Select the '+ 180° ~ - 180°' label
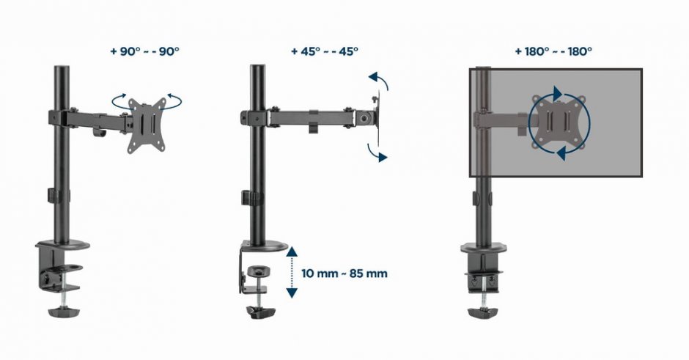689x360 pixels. coord(553,52)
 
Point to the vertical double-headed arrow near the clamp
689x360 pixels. coord(292,272)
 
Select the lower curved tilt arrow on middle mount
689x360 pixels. coord(379,152)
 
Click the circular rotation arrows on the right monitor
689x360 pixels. coord(559,123)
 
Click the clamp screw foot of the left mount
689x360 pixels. coord(59,312)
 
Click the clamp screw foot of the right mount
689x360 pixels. coord(484,312)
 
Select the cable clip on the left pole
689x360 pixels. coord(53,196)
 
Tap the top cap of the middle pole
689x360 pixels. coord(257,68)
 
